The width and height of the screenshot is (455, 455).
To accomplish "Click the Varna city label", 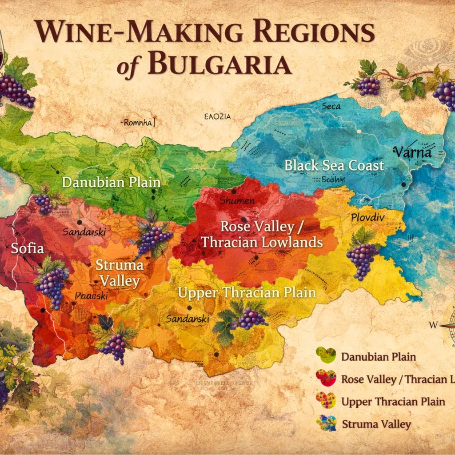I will click(413, 152).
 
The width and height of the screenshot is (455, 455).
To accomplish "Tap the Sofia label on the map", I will click(28, 248).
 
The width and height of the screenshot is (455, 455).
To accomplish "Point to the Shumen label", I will click(237, 200).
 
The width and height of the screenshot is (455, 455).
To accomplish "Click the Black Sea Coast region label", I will click(334, 166).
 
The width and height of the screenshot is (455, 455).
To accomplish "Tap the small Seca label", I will click(331, 106).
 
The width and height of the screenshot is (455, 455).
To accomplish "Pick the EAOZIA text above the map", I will click(218, 117).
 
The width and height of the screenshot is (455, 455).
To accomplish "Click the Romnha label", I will click(139, 123).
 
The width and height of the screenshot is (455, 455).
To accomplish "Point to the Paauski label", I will click(91, 296).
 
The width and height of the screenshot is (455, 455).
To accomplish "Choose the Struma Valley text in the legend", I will click(376, 424).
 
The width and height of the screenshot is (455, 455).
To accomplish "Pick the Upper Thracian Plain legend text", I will click(393, 401).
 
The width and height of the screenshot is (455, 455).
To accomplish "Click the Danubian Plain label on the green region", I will click(111, 182).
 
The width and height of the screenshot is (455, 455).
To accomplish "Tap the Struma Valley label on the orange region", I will click(120, 273).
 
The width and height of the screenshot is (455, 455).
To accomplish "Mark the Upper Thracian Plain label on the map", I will click(247, 293).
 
